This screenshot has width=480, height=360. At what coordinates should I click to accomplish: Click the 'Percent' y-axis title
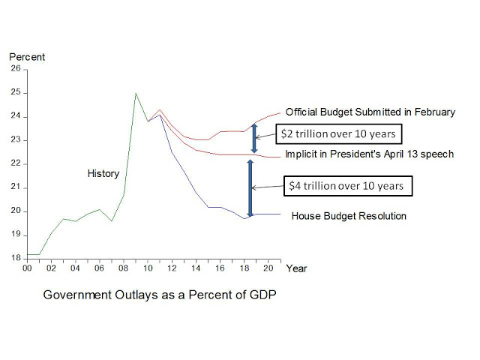pyautogui.click(x=27, y=57)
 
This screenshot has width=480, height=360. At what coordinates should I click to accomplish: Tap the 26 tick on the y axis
pyautogui.click(x=16, y=69)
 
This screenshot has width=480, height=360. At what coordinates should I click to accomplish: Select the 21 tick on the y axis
pyautogui.click(x=16, y=187)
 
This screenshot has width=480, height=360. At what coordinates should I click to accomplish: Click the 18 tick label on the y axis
pyautogui.click(x=16, y=258)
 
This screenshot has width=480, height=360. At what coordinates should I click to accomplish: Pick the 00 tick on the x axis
pyautogui.click(x=27, y=268)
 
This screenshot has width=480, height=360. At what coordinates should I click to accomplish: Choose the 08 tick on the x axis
pyautogui.click(x=123, y=268)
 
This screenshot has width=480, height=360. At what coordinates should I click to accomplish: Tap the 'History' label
pyautogui.click(x=103, y=174)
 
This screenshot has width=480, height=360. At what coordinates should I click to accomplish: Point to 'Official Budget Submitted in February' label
pyautogui.click(x=370, y=112)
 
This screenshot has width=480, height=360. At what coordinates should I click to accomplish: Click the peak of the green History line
pyautogui.click(x=135, y=94)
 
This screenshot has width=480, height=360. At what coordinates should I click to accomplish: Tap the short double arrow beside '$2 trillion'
pyautogui.click(x=254, y=133)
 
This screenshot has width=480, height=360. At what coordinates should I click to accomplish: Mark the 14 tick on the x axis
pyautogui.click(x=196, y=268)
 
